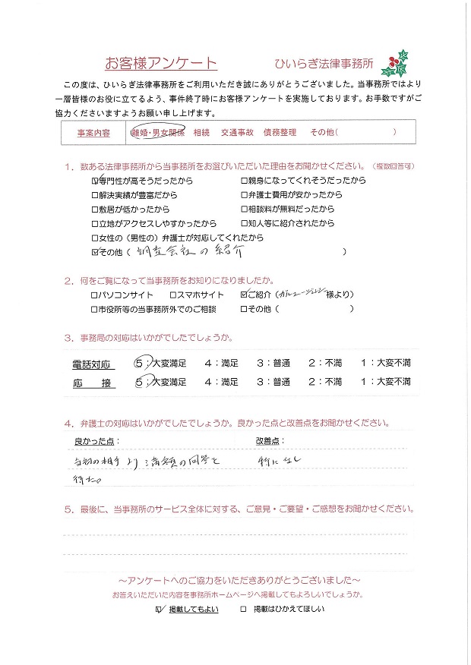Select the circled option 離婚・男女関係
tap(159, 132)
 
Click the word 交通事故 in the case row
tap(236, 132)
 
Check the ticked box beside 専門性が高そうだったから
tap(95, 181)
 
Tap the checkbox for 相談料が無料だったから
tap(244, 210)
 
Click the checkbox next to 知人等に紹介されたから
tap(244, 223)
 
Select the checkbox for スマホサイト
tap(172, 295)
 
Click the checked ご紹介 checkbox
tap(244, 295)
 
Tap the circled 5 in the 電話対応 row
tap(140, 364)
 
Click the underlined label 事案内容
tap(93, 132)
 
